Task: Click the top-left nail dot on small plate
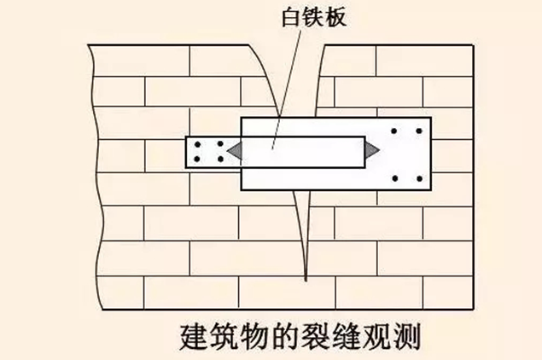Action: click(x=198, y=145)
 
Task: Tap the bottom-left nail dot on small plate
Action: click(x=198, y=159)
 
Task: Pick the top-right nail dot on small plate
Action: click(x=220, y=145)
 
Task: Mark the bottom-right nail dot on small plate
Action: click(x=220, y=159)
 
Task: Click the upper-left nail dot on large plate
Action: click(x=394, y=131)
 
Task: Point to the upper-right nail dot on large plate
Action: click(x=417, y=131)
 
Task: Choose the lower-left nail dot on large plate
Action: click(x=394, y=178)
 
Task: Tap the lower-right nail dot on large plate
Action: click(x=417, y=178)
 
